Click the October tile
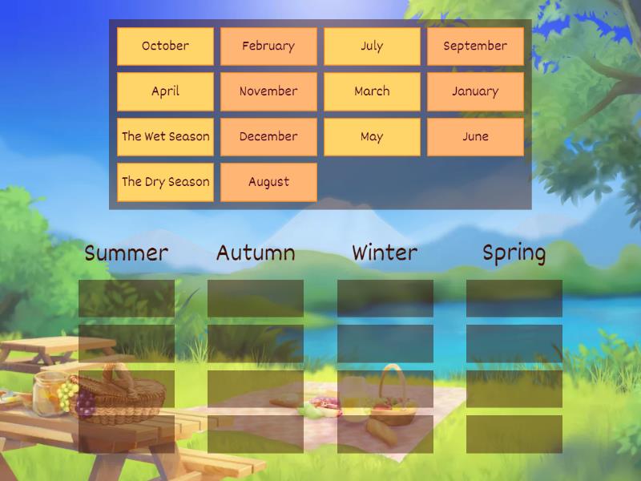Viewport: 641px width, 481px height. click(x=165, y=46)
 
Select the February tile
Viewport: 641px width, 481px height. click(x=268, y=46)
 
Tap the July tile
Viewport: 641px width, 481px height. click(x=372, y=46)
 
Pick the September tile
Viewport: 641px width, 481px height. click(x=475, y=46)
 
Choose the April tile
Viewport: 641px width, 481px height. click(x=165, y=91)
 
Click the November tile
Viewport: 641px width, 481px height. click(x=268, y=91)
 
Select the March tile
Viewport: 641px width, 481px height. click(x=372, y=91)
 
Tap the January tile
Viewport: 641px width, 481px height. click(x=475, y=91)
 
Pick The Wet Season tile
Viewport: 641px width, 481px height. click(x=165, y=137)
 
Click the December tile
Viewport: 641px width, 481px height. click(x=268, y=137)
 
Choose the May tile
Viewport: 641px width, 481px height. click(x=372, y=137)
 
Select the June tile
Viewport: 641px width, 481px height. click(x=475, y=137)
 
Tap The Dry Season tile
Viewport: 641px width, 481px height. click(x=165, y=182)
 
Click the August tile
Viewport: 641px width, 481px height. click(x=268, y=182)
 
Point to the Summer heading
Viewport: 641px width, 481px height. click(x=127, y=253)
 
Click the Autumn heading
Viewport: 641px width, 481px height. click(x=256, y=253)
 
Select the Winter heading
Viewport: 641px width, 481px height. click(x=385, y=253)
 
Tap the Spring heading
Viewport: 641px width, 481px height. click(x=514, y=254)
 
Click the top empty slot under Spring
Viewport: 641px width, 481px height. click(x=514, y=298)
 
